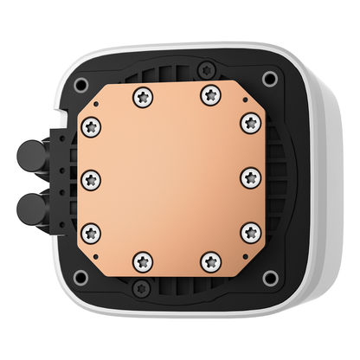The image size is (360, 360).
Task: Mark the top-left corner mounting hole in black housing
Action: tap(80, 84)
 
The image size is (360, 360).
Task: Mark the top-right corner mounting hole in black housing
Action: tap(269, 78)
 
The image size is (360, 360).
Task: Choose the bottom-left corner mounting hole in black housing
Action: tap(80, 277)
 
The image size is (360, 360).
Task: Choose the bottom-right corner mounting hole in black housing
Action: tap(269, 277)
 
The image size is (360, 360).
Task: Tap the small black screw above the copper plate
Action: tap(204, 69)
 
